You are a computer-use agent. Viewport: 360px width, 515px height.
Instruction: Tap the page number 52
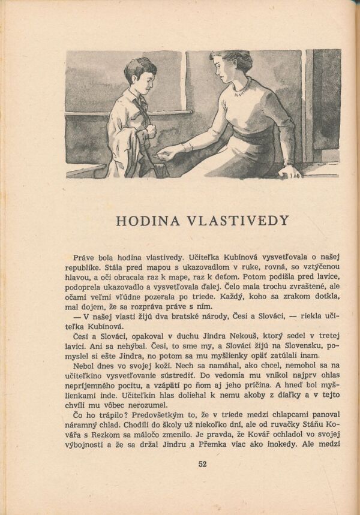[x=202, y=463]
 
